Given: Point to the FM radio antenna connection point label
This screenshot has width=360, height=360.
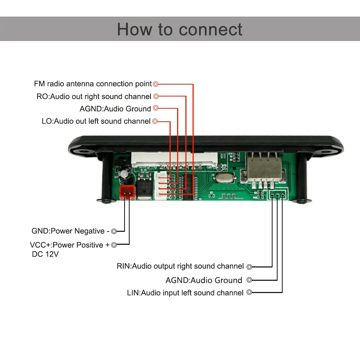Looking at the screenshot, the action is click(x=93, y=84).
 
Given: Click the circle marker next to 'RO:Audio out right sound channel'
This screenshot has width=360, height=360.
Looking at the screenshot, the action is click(x=156, y=96).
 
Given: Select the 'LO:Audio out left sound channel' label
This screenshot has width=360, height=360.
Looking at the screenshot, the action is click(x=96, y=121).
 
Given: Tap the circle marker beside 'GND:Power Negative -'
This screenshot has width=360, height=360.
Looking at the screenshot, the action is click(x=114, y=231).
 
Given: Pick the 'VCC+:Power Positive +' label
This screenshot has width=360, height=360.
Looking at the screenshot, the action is click(x=69, y=245).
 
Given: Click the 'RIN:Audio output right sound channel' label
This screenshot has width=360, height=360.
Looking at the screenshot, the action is click(x=180, y=266).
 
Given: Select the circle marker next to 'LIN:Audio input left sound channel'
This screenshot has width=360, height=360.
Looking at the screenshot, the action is click(x=249, y=293).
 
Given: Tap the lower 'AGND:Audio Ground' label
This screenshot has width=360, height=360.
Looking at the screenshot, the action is click(x=204, y=280).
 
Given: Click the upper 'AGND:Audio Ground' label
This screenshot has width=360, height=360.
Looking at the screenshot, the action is click(x=115, y=109).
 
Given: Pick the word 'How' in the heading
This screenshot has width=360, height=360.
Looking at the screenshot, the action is click(x=133, y=30).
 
